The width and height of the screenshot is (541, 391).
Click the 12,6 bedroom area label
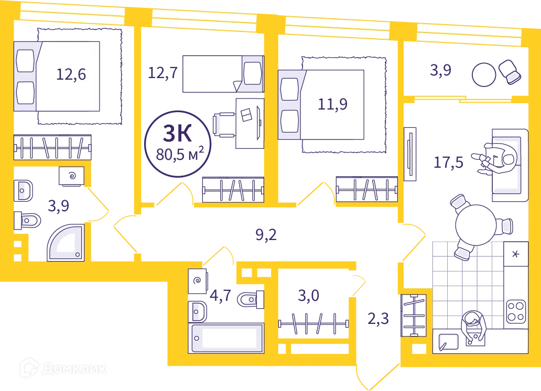coord(71,74)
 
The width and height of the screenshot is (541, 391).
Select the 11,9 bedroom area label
coord(332,104)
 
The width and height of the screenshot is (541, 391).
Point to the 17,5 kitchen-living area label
coord(448,162)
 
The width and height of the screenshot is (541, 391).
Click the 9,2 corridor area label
coord(266,235)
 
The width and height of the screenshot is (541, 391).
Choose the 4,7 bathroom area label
coord(221,296)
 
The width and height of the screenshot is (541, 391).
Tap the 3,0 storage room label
coord(308,296)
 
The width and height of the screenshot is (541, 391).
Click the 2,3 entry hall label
coord(378,319)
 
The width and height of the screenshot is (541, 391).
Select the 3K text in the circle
coord(177,133)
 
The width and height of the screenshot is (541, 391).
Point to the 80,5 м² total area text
coord(180,154)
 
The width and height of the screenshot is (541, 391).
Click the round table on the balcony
coord(484,74)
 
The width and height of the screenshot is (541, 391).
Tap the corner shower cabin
coord(66,243)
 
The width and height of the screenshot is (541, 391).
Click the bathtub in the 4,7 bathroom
coord(226,338)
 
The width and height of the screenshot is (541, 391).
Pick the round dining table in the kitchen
coord(476,225)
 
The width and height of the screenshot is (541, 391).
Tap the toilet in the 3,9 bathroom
coord(27,221)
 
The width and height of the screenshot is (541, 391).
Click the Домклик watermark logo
coord(63,368)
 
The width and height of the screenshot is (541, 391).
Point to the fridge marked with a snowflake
coord(516,254)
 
